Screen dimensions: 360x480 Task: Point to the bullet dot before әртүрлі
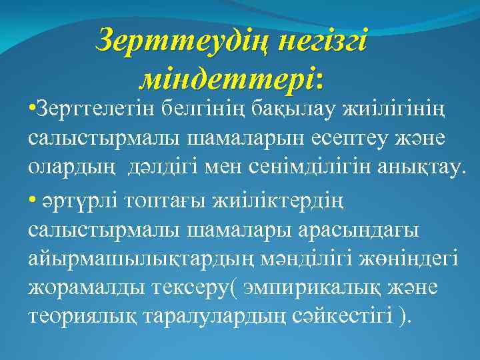coord(33,199)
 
